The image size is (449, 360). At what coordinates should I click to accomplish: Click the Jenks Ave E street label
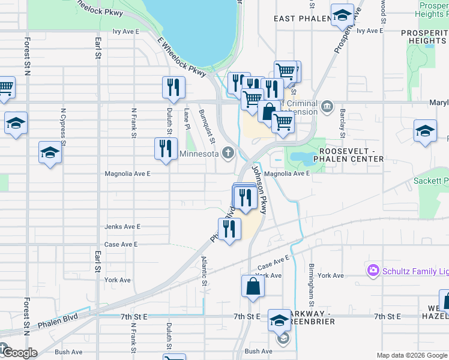pyautogui.click(x=122, y=227)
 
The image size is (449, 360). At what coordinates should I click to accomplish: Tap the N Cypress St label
pyautogui.click(x=63, y=124)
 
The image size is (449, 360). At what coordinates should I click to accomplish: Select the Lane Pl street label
pyautogui.click(x=187, y=119)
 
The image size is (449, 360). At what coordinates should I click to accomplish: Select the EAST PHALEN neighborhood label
pyautogui.click(x=303, y=19)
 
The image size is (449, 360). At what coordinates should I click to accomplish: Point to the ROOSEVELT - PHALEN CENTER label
pyautogui.click(x=351, y=154)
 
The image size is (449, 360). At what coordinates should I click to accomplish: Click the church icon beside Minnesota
pyautogui.click(x=228, y=153)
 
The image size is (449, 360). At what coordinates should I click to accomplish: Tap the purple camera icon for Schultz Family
pyautogui.click(x=374, y=272)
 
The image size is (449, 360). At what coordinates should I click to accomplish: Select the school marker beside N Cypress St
pyautogui.click(x=50, y=153)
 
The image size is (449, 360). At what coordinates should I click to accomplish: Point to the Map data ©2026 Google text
pyautogui.click(x=412, y=355)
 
